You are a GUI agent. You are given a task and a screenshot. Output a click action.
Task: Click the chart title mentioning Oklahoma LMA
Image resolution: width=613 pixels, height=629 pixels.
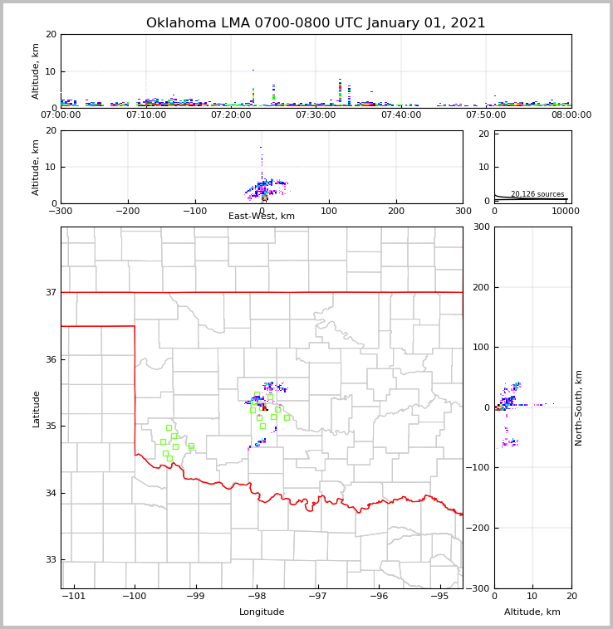click(x=316, y=23)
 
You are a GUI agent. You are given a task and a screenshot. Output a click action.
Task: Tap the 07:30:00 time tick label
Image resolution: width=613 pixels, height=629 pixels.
click(x=316, y=115)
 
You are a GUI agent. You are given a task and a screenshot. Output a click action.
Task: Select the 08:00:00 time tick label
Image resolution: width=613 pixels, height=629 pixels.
click(x=571, y=115)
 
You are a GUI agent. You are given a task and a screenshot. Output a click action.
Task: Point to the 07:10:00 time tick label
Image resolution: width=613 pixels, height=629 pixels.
click(x=146, y=115)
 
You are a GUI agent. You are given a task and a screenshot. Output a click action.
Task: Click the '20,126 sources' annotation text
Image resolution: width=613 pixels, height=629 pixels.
click(x=537, y=194)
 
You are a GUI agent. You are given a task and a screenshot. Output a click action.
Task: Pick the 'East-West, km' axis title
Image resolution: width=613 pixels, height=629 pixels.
click(x=262, y=217)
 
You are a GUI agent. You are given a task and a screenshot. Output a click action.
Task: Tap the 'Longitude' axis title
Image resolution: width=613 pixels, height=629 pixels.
click(x=262, y=612)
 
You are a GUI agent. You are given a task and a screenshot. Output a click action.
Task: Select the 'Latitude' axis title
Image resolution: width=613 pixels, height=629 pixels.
click(x=37, y=408)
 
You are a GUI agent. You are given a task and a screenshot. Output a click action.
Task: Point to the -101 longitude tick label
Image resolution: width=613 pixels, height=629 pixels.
click(x=74, y=597)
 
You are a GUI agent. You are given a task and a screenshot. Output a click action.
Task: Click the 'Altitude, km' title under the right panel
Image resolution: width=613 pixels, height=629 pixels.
click(x=532, y=612)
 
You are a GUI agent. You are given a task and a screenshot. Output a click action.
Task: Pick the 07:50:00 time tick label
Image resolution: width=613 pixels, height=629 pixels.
click(x=486, y=115)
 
